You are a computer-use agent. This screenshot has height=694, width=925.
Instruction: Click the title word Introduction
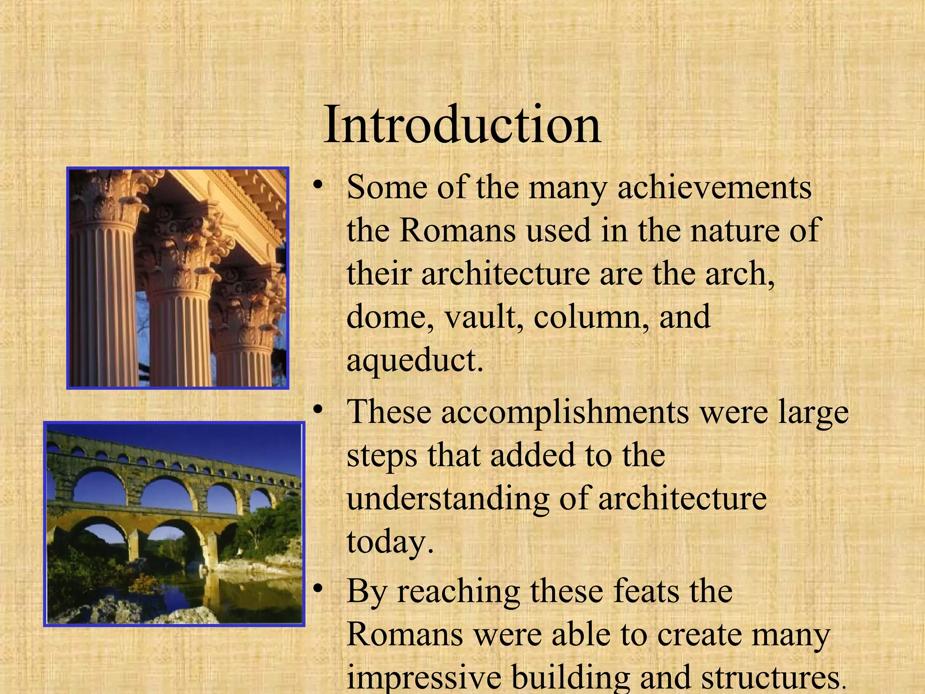462,124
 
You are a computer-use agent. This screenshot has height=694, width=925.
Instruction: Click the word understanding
447,499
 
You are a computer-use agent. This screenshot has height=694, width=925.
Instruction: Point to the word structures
768,678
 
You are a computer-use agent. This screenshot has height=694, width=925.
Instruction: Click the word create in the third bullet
701,634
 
